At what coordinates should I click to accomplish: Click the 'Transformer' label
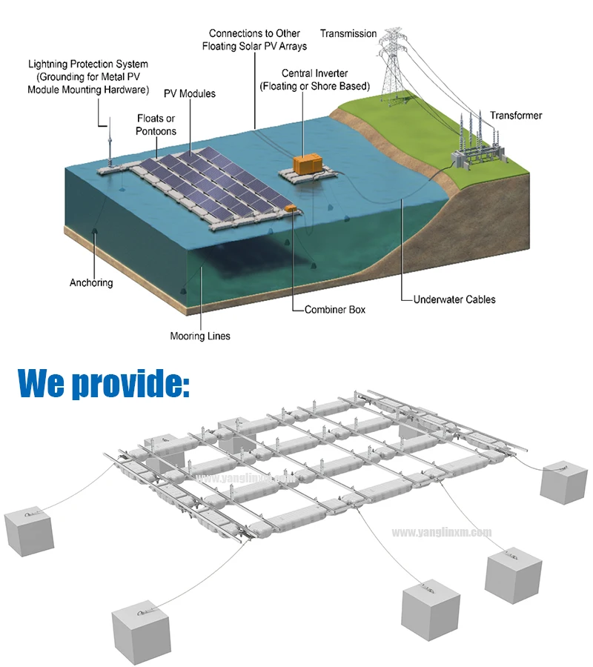coord(516,116)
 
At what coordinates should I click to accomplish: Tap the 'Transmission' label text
coord(348,33)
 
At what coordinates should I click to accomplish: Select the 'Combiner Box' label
coord(334,309)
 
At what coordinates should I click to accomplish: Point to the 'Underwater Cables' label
coord(454,299)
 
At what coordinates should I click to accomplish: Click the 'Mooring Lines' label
coord(200,336)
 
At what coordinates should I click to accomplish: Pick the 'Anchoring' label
coord(91,282)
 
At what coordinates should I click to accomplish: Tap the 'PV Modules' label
coord(191,93)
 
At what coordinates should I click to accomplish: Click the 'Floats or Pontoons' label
coord(156,125)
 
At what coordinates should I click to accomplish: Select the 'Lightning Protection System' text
coord(88,64)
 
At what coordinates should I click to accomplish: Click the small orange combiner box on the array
coord(291,208)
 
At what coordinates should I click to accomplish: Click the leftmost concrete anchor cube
coord(30,531)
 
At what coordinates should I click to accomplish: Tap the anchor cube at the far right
coord(565,482)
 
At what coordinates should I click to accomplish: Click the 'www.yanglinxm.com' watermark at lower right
coord(441,532)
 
